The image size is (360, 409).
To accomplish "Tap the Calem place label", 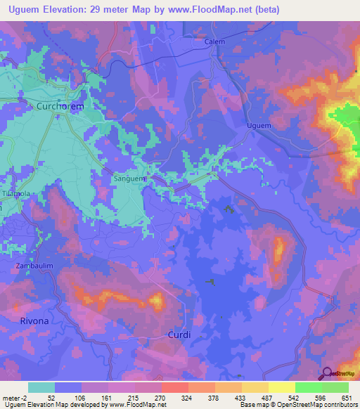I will tap(214, 41).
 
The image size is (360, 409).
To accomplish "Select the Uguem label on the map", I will tap(259, 126).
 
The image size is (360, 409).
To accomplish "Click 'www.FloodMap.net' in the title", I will tap(210, 9).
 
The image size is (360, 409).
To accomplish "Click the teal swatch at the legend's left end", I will tap(41, 387).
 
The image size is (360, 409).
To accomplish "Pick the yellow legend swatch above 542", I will tap(282, 387).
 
